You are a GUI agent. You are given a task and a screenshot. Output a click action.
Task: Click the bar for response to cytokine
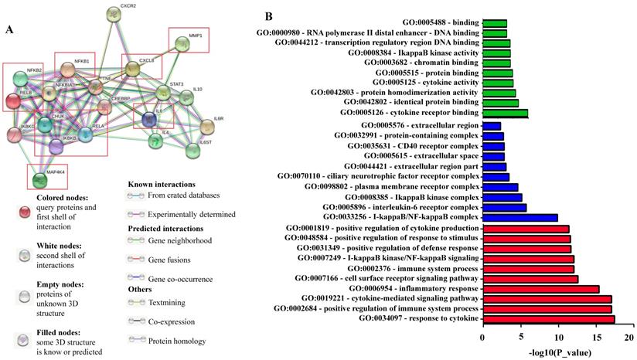pyautogui.click(x=548, y=318)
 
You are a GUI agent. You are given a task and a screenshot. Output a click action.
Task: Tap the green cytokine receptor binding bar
pyautogui.click(x=505, y=114)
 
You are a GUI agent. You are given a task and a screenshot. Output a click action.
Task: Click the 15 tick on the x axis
pyautogui.click(x=595, y=337)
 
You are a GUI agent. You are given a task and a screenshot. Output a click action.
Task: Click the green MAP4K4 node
pyautogui.click(x=40, y=180)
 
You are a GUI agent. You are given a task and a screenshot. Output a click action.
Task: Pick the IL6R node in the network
pyautogui.click(x=208, y=126)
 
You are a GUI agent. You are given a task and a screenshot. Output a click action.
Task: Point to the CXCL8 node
pyautogui.click(x=133, y=69)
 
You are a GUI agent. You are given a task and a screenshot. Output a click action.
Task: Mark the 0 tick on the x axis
pyautogui.click(x=482, y=337)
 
